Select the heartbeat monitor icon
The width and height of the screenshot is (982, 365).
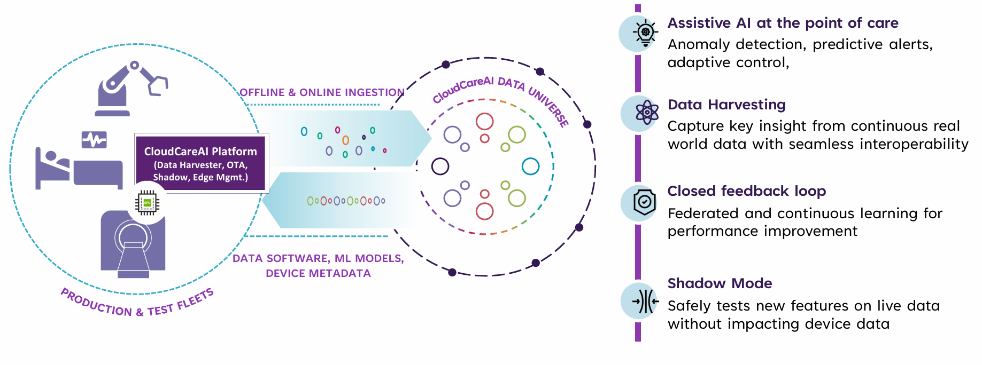[x=94, y=140]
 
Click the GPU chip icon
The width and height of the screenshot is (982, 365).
[x=147, y=203]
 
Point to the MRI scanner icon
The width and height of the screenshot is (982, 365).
[x=133, y=243]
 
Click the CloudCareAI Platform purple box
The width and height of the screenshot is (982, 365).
[x=200, y=163]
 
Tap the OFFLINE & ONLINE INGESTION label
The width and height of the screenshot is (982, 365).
[x=322, y=92]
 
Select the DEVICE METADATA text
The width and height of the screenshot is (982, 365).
[x=318, y=273]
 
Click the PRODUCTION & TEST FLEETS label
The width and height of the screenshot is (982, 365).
[x=137, y=305]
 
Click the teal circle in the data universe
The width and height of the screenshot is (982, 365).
[x=530, y=166]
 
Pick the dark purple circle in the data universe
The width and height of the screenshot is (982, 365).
[x=440, y=166]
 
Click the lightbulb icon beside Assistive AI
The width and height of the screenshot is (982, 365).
[x=645, y=33]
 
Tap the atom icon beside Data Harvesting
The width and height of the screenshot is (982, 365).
[x=647, y=113]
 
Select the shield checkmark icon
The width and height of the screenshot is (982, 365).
[x=645, y=202]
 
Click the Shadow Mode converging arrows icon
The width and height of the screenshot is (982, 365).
[x=645, y=301]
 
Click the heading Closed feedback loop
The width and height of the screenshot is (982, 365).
[x=746, y=191]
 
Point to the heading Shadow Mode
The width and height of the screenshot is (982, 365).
[x=720, y=283]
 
